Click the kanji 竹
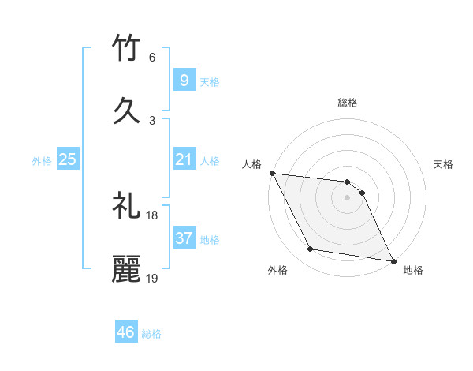(x=126, y=50)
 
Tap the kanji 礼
(x=126, y=208)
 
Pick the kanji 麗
(x=126, y=269)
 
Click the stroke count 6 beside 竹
(x=151, y=57)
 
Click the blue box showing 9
(x=184, y=81)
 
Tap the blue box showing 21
(x=184, y=160)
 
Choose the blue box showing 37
(x=184, y=238)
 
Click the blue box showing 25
(x=67, y=160)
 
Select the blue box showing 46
(x=125, y=332)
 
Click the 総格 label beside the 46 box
(x=151, y=334)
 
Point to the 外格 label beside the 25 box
(x=42, y=161)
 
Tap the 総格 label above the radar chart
(x=348, y=103)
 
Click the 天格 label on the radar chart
(x=444, y=164)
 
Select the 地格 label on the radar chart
(x=413, y=270)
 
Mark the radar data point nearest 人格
(x=272, y=173)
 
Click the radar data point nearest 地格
(x=392, y=260)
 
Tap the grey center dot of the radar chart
(x=347, y=197)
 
